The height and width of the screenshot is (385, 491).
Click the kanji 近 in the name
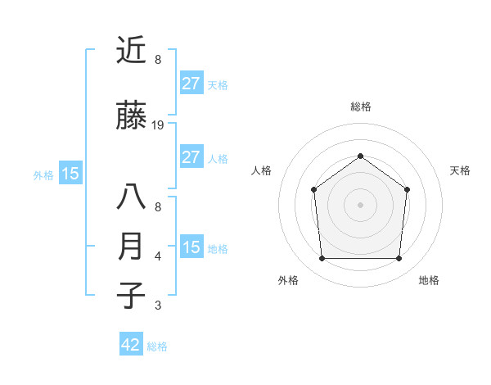[131, 51]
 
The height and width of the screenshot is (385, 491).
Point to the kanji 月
[131, 247]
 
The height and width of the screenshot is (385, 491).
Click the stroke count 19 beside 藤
[158, 125]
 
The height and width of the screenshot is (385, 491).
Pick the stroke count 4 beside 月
[158, 256]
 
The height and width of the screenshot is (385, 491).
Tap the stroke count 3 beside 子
[158, 306]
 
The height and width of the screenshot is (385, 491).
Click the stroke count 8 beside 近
[158, 59]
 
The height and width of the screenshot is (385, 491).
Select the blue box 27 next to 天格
[191, 83]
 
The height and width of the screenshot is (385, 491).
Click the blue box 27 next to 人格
[191, 157]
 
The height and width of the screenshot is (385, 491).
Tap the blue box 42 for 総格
[131, 345]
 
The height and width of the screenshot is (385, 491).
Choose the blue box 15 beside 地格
[191, 247]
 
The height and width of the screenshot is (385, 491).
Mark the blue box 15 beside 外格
[70, 173]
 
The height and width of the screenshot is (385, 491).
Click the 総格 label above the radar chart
[360, 106]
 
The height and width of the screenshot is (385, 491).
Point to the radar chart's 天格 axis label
[461, 170]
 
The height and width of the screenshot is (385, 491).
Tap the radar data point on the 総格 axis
[360, 156]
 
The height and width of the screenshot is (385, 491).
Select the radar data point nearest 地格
[399, 259]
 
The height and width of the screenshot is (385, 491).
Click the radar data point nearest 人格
[313, 190]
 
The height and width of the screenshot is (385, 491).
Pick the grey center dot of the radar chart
[360, 205]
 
